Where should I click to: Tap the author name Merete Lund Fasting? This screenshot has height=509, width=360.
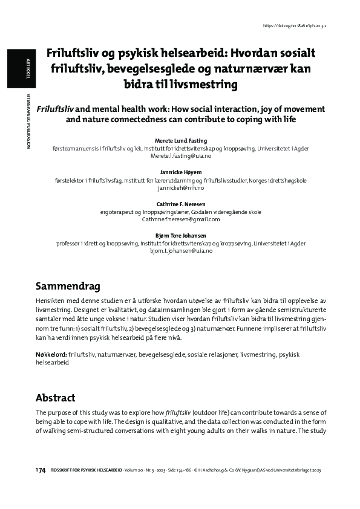[180, 140]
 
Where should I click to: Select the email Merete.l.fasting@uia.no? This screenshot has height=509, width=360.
[180, 155]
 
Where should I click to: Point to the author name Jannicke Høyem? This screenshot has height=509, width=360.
[180, 172]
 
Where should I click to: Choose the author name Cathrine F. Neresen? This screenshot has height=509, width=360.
[180, 204]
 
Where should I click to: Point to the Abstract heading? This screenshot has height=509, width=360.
[55, 397]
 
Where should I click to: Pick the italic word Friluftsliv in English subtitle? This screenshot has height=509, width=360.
[56, 109]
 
